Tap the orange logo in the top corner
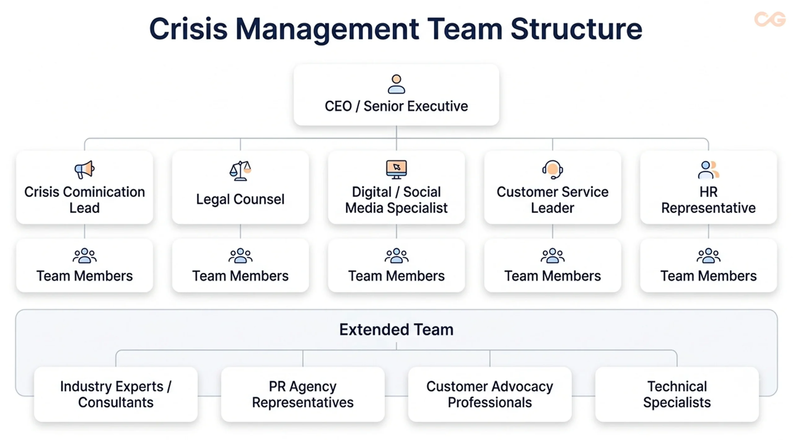[x=770, y=19]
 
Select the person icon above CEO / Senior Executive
[x=396, y=84]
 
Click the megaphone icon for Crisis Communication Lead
[x=84, y=169]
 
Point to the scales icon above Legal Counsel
[x=240, y=170]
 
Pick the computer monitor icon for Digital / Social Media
[x=396, y=169]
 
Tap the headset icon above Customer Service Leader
[x=552, y=169]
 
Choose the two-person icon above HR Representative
[x=708, y=170]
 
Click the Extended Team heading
[x=396, y=329]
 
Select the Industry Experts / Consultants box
[x=116, y=394]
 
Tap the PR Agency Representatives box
[x=303, y=394]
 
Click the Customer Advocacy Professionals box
[x=490, y=394]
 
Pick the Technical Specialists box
[x=677, y=394]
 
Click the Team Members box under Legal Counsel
[x=240, y=265]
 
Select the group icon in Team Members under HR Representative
[x=708, y=256]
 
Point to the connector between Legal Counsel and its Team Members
[x=240, y=231]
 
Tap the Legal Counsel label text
[x=240, y=199]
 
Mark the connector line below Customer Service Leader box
[x=553, y=231]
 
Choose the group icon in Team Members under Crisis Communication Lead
[x=85, y=256]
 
